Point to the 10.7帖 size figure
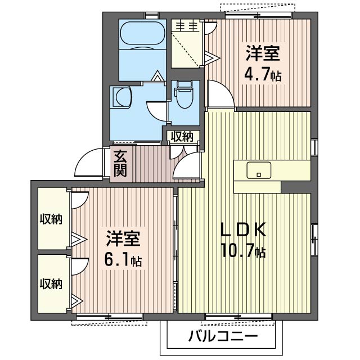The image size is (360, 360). coord(244,251)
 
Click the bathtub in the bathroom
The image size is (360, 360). coord(142,34)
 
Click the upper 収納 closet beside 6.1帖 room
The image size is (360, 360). coord(51,218)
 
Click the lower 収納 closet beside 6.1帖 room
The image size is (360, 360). coord(51,283)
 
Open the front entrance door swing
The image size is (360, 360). coord(89,164)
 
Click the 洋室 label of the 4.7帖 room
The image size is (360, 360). coord(262,55)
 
